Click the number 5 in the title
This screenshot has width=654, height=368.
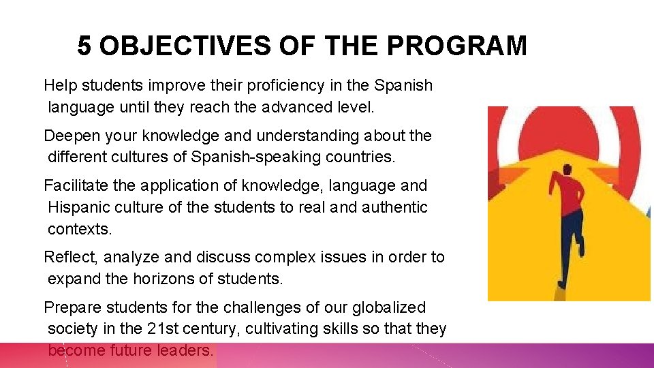pyautogui.click(x=84, y=46)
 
